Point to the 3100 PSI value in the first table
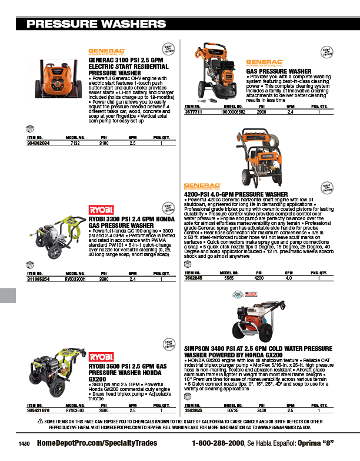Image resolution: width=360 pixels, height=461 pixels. [x=104, y=143]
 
